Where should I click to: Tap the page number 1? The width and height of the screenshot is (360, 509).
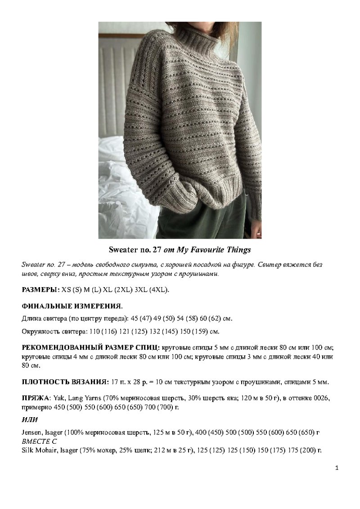tap(337, 468)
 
